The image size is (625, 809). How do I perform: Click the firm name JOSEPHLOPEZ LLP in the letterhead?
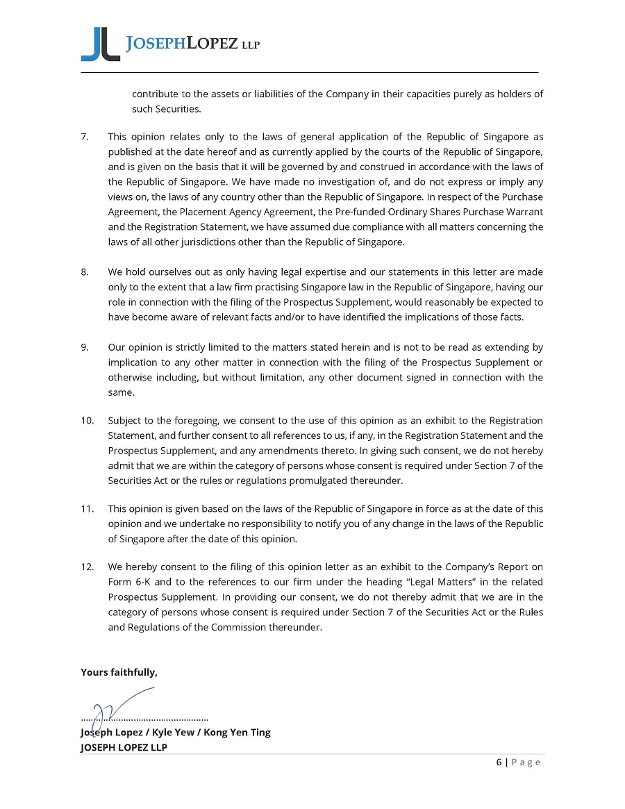[193, 44]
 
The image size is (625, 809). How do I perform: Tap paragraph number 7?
[85, 136]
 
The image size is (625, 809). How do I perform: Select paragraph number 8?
[85, 272]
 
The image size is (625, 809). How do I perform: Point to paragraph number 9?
[85, 347]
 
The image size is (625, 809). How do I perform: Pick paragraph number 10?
[87, 420]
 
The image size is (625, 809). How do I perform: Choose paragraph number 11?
[87, 509]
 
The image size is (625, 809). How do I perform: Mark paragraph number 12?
[87, 567]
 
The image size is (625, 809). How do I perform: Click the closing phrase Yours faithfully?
[119, 672]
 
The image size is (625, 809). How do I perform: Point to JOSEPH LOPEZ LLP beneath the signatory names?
[124, 747]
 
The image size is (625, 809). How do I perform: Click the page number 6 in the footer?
[499, 762]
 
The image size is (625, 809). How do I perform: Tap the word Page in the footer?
[526, 762]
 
